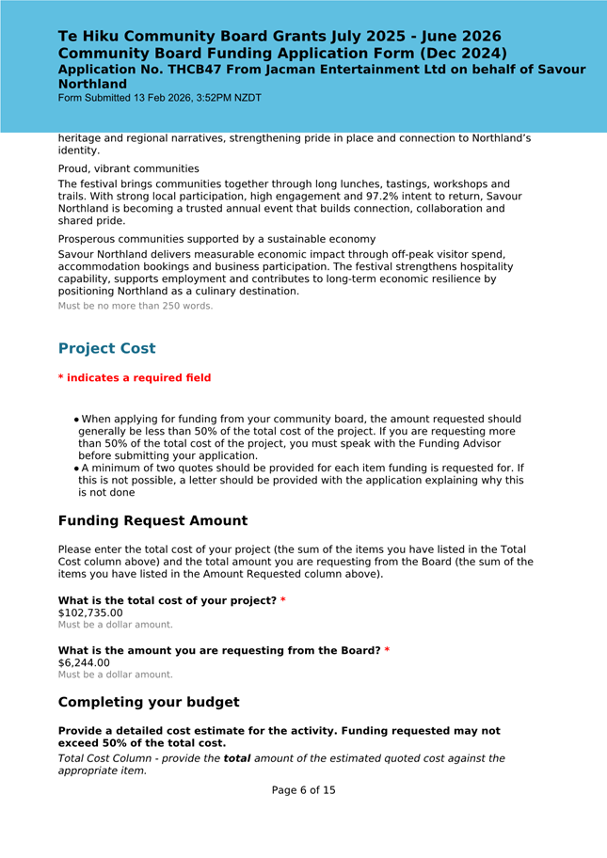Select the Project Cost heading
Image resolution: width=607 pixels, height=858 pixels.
[106, 348]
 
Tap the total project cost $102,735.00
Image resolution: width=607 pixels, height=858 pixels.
[90, 612]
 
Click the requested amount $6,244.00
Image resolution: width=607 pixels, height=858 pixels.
[84, 662]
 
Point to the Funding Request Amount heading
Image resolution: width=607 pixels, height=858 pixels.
[152, 521]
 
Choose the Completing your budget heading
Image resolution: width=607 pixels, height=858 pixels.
[149, 702]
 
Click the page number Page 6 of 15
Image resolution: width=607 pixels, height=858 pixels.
[303, 790]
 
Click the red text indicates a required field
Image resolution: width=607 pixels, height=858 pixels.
[138, 378]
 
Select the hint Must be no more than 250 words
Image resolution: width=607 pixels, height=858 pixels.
[136, 306]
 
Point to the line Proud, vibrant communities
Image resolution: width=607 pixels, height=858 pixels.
[128, 169]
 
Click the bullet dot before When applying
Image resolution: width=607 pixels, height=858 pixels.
[76, 421]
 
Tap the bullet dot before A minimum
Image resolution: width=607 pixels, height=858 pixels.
[76, 469]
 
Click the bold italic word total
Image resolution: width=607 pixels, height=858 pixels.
[237, 758]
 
